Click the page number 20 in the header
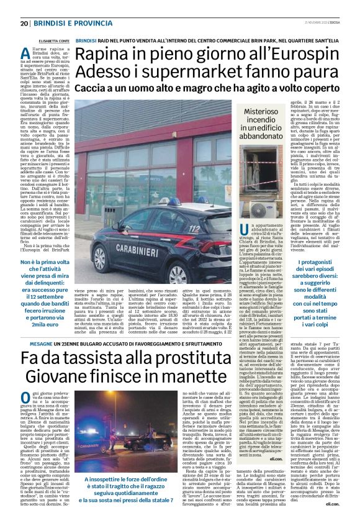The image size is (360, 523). click(24, 24)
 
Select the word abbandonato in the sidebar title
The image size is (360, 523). click(261, 136)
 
